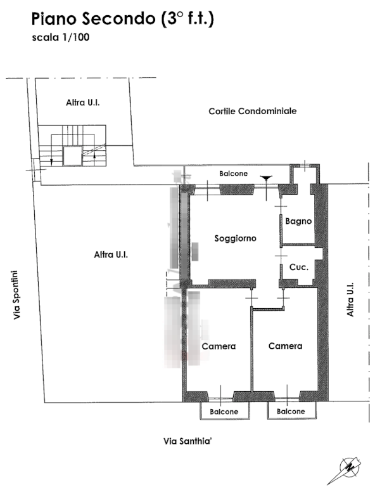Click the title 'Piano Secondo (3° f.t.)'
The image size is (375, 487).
(x=122, y=19)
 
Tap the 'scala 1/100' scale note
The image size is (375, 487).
(x=61, y=37)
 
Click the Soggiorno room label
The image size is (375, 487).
(x=236, y=238)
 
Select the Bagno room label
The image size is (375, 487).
(x=298, y=221)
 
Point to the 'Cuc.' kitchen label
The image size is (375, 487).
(x=299, y=267)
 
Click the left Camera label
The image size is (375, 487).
(x=219, y=346)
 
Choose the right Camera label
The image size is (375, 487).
(x=285, y=346)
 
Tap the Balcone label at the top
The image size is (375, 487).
(x=233, y=174)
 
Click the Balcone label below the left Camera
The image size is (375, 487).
(x=224, y=412)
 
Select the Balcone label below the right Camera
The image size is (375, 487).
(x=291, y=412)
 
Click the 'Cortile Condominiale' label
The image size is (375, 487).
(x=253, y=111)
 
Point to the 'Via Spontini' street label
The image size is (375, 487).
(x=16, y=295)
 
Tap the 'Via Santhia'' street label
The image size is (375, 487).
(x=187, y=441)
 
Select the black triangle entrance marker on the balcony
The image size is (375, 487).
(x=266, y=178)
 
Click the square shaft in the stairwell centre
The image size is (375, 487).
(x=73, y=156)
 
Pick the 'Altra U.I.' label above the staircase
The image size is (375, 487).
(x=83, y=103)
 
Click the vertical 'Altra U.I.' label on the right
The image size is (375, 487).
(x=350, y=299)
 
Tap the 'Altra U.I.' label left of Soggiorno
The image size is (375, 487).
(x=111, y=255)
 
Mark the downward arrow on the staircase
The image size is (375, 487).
(x=51, y=161)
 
